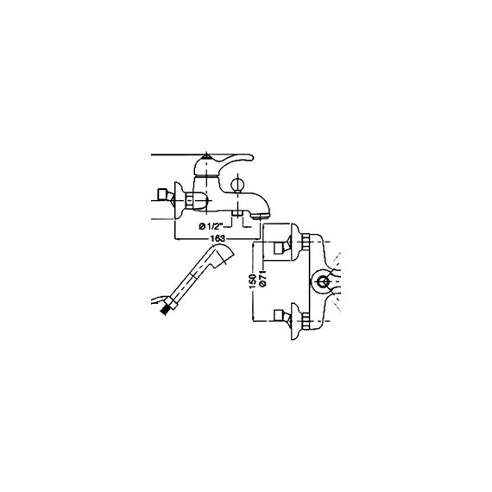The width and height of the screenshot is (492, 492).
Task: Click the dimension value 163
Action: [x=218, y=238]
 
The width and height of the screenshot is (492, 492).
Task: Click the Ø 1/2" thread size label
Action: [x=211, y=225]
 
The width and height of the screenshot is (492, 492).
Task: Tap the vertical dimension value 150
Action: [x=253, y=281]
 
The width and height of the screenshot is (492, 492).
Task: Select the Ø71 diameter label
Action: [x=263, y=278]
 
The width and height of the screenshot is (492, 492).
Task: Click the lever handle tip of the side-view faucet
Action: [x=249, y=157]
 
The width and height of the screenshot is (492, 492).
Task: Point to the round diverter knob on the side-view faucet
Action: [x=237, y=183]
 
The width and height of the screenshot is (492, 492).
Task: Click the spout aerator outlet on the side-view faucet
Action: [x=262, y=216]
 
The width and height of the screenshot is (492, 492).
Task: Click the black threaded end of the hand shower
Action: [x=165, y=310]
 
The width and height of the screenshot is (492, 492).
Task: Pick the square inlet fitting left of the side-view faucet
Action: [x=162, y=194]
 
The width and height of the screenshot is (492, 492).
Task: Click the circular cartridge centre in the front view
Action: [x=322, y=281]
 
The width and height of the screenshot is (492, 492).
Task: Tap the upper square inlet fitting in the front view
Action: [x=279, y=248]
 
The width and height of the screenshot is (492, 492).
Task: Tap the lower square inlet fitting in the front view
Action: [x=279, y=316]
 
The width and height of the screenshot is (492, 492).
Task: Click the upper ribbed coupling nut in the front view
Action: [x=306, y=243]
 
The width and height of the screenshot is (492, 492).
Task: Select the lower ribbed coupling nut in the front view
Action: [x=306, y=321]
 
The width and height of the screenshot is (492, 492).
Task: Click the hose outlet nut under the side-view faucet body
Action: [x=237, y=213]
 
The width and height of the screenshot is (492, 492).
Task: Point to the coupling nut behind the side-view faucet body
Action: [x=190, y=200]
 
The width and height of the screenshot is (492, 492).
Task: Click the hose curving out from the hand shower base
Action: [x=159, y=299]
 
